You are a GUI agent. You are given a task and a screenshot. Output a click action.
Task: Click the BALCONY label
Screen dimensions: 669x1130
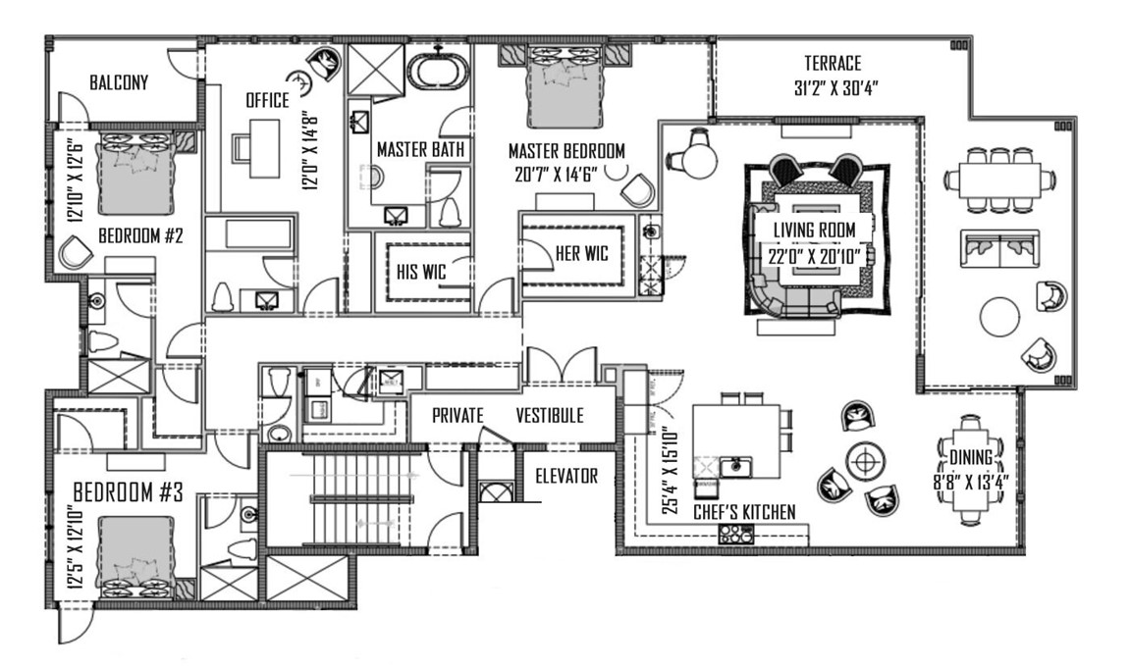pyautogui.click(x=119, y=82)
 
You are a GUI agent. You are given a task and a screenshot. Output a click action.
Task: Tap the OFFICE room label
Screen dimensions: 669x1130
pyautogui.click(x=267, y=100)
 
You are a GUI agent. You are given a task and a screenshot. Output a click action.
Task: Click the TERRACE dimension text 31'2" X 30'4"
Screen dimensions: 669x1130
pyautogui.click(x=834, y=86)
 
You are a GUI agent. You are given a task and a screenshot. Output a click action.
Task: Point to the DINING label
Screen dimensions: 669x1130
pyautogui.click(x=970, y=457)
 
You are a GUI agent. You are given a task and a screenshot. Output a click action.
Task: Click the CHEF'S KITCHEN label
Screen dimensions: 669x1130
pyautogui.click(x=744, y=512)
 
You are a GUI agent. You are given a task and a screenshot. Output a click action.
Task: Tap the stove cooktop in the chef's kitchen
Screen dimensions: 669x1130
pyautogui.click(x=736, y=534)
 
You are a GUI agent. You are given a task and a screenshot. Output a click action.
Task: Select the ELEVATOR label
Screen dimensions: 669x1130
pyautogui.click(x=565, y=477)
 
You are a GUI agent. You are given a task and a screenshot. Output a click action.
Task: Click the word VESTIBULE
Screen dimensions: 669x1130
pyautogui.click(x=550, y=416)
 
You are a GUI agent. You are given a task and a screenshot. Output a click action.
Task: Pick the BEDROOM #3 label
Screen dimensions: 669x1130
pyautogui.click(x=129, y=492)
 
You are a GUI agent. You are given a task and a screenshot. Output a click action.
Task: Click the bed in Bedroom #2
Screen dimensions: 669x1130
pyautogui.click(x=128, y=168)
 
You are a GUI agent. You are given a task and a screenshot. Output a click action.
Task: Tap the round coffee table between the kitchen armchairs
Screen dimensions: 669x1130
pyautogui.click(x=865, y=459)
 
